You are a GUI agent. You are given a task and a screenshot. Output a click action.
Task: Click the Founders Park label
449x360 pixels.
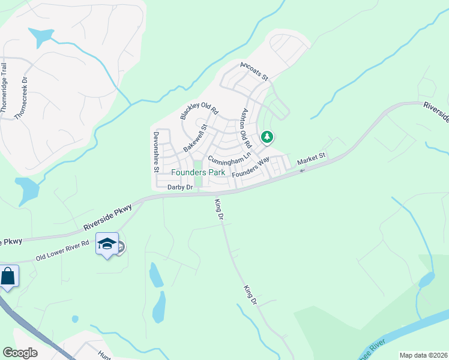coord(198,172)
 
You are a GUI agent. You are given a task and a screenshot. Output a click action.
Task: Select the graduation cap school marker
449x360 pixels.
coord(107,244)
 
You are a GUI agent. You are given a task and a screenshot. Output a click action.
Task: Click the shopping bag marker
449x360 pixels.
coord(8,277)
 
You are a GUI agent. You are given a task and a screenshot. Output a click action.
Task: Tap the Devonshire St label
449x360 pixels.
coord(155,152)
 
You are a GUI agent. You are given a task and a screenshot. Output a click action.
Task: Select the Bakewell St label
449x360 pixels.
coord(195,137)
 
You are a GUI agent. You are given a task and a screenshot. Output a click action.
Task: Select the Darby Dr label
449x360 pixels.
coord(179,187)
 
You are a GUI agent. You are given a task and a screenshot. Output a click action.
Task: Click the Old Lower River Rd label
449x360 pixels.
coord(62,250)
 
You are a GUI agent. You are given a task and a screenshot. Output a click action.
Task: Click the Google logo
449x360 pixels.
coord(20,352)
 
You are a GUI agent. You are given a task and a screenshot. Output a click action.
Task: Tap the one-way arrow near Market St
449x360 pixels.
coord(302,170)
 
